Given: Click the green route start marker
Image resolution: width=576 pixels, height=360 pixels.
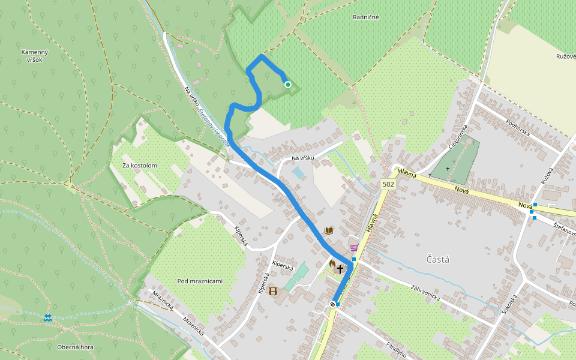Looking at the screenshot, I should tap(288, 85).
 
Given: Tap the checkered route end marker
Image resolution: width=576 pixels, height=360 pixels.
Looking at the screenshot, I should tap(332, 305).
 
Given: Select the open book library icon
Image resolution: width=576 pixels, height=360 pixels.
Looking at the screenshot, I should tap(328, 230).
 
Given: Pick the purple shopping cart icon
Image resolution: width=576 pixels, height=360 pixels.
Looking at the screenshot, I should tap(354, 247).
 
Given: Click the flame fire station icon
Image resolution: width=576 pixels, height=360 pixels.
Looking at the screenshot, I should tap(332, 263).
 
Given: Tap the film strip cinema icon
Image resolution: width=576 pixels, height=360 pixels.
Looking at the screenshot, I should tap(274, 292).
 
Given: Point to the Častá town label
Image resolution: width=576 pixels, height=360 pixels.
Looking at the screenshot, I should tap(437, 260).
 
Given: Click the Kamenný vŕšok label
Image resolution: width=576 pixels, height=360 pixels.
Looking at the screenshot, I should tap(34, 56).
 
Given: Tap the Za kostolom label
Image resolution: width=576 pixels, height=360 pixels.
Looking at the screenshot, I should tap(139, 165).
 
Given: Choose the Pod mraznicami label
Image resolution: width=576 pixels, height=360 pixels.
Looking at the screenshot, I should tap(200, 281).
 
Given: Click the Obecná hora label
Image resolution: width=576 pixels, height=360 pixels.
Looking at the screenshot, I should tap(75, 347).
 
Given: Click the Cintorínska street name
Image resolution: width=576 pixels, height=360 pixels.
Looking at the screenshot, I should tap(457, 138).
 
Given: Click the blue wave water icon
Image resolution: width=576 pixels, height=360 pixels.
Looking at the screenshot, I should tap(47, 317).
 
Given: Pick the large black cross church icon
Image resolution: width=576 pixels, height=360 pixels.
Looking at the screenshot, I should tap(341, 269).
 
